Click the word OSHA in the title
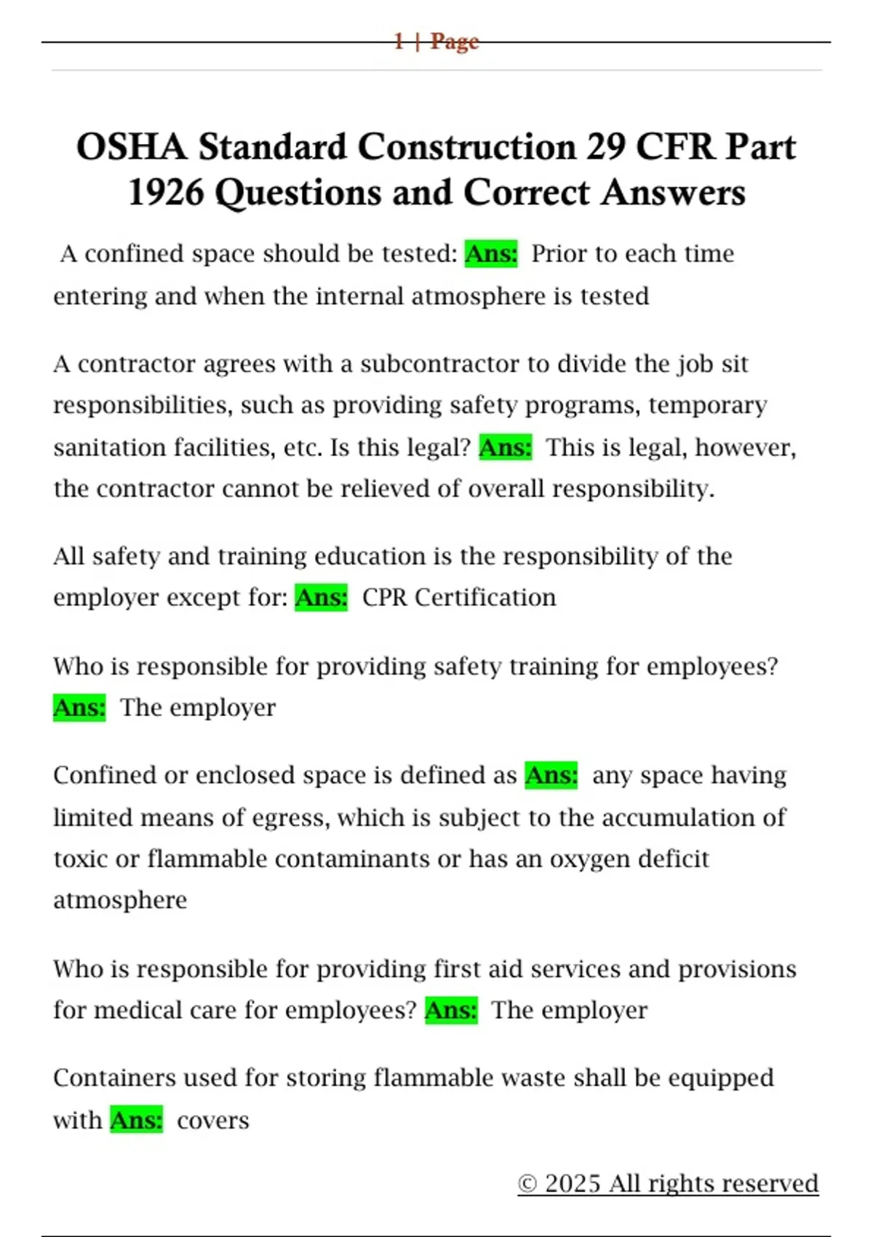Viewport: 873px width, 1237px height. click(131, 147)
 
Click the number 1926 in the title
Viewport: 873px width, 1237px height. click(165, 193)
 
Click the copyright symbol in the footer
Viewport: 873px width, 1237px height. click(527, 1183)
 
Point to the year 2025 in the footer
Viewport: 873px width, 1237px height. click(573, 1183)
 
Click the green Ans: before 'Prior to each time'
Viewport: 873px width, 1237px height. click(491, 254)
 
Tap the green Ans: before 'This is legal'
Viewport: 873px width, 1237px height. click(505, 447)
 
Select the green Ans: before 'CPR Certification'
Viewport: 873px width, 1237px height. click(321, 597)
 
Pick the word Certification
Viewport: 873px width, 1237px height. click(485, 597)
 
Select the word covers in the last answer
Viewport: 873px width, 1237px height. click(212, 1121)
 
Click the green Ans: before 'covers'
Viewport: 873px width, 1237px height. click(136, 1120)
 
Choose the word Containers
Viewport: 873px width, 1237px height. click(114, 1078)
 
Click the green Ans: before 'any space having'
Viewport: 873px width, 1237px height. click(551, 776)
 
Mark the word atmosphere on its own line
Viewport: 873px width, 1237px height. click(120, 901)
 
